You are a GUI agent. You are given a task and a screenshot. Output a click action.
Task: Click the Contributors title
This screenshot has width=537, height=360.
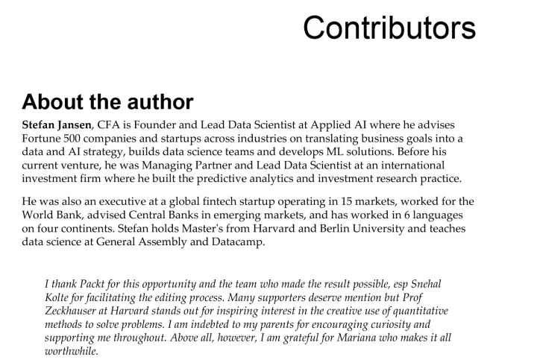[x=389, y=28]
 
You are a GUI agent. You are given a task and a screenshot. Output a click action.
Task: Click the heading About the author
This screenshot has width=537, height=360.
[x=108, y=101]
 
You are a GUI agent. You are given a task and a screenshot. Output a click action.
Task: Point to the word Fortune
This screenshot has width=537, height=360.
[x=43, y=139]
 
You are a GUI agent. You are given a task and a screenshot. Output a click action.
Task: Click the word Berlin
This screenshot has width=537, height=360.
[x=307, y=228]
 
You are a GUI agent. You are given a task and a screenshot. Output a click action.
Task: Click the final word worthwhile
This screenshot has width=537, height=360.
[x=72, y=351]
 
